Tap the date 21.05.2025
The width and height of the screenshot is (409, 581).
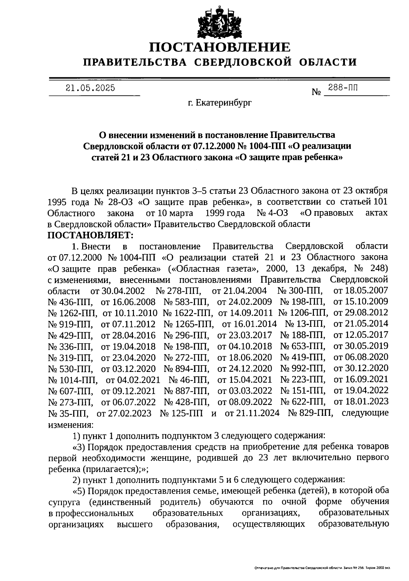tap(90, 88)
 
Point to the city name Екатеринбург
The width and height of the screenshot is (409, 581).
tap(224, 103)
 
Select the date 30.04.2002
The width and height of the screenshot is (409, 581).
tap(118, 291)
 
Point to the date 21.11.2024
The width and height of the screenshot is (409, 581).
tap(253, 413)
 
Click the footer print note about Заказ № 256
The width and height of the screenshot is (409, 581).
tap(322, 568)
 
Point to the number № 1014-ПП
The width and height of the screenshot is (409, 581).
tap(73, 380)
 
